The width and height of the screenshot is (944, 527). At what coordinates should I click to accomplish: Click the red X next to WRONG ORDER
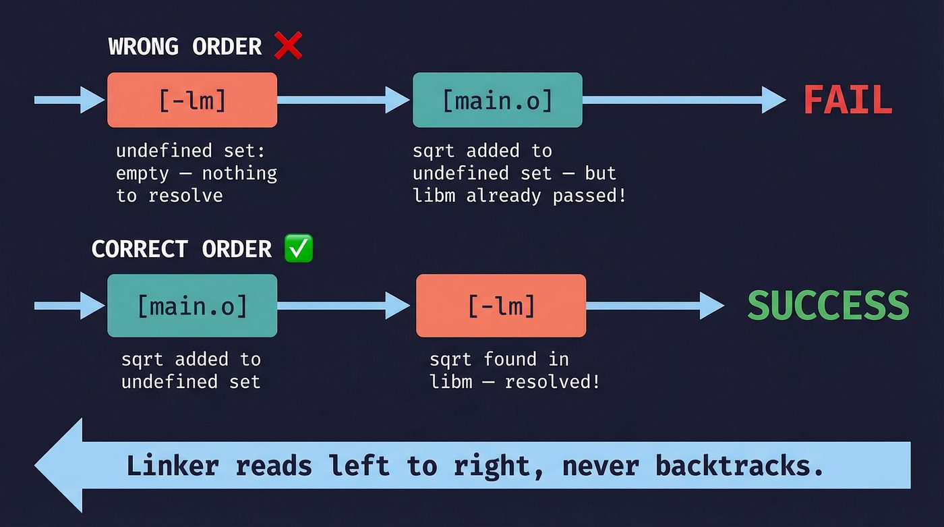289,47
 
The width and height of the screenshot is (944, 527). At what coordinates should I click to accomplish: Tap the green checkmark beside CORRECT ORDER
299,249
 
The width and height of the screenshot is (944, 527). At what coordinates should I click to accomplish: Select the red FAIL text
848,101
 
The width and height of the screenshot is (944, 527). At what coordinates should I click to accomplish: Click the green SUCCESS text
828,306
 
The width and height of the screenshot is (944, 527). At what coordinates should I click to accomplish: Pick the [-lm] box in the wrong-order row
192,100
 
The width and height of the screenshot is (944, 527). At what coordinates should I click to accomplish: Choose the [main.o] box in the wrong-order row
497,100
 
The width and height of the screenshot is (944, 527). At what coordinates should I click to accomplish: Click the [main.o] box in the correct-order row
192,306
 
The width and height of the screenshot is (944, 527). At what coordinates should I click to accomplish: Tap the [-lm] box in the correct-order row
501,306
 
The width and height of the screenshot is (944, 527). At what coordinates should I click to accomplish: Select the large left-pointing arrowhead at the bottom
61,466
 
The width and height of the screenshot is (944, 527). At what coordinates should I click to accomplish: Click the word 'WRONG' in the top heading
143,47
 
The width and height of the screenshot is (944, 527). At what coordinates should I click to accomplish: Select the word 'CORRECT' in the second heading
139,249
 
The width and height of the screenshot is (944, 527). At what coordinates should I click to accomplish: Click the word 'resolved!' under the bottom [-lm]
552,382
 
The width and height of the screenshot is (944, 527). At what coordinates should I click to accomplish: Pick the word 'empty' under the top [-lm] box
142,173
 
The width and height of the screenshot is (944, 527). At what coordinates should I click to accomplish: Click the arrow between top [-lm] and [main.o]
344,100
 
